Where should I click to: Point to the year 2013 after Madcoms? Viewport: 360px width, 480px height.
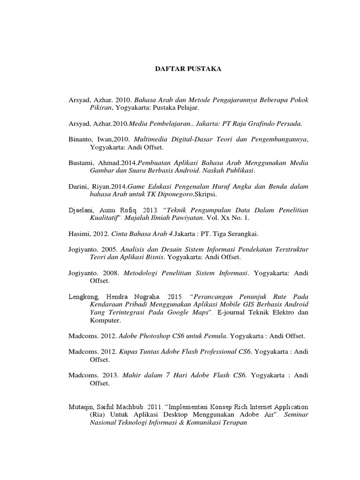pyautogui.click(x=109, y=375)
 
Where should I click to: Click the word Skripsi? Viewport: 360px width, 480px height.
pyautogui.click(x=207, y=193)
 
